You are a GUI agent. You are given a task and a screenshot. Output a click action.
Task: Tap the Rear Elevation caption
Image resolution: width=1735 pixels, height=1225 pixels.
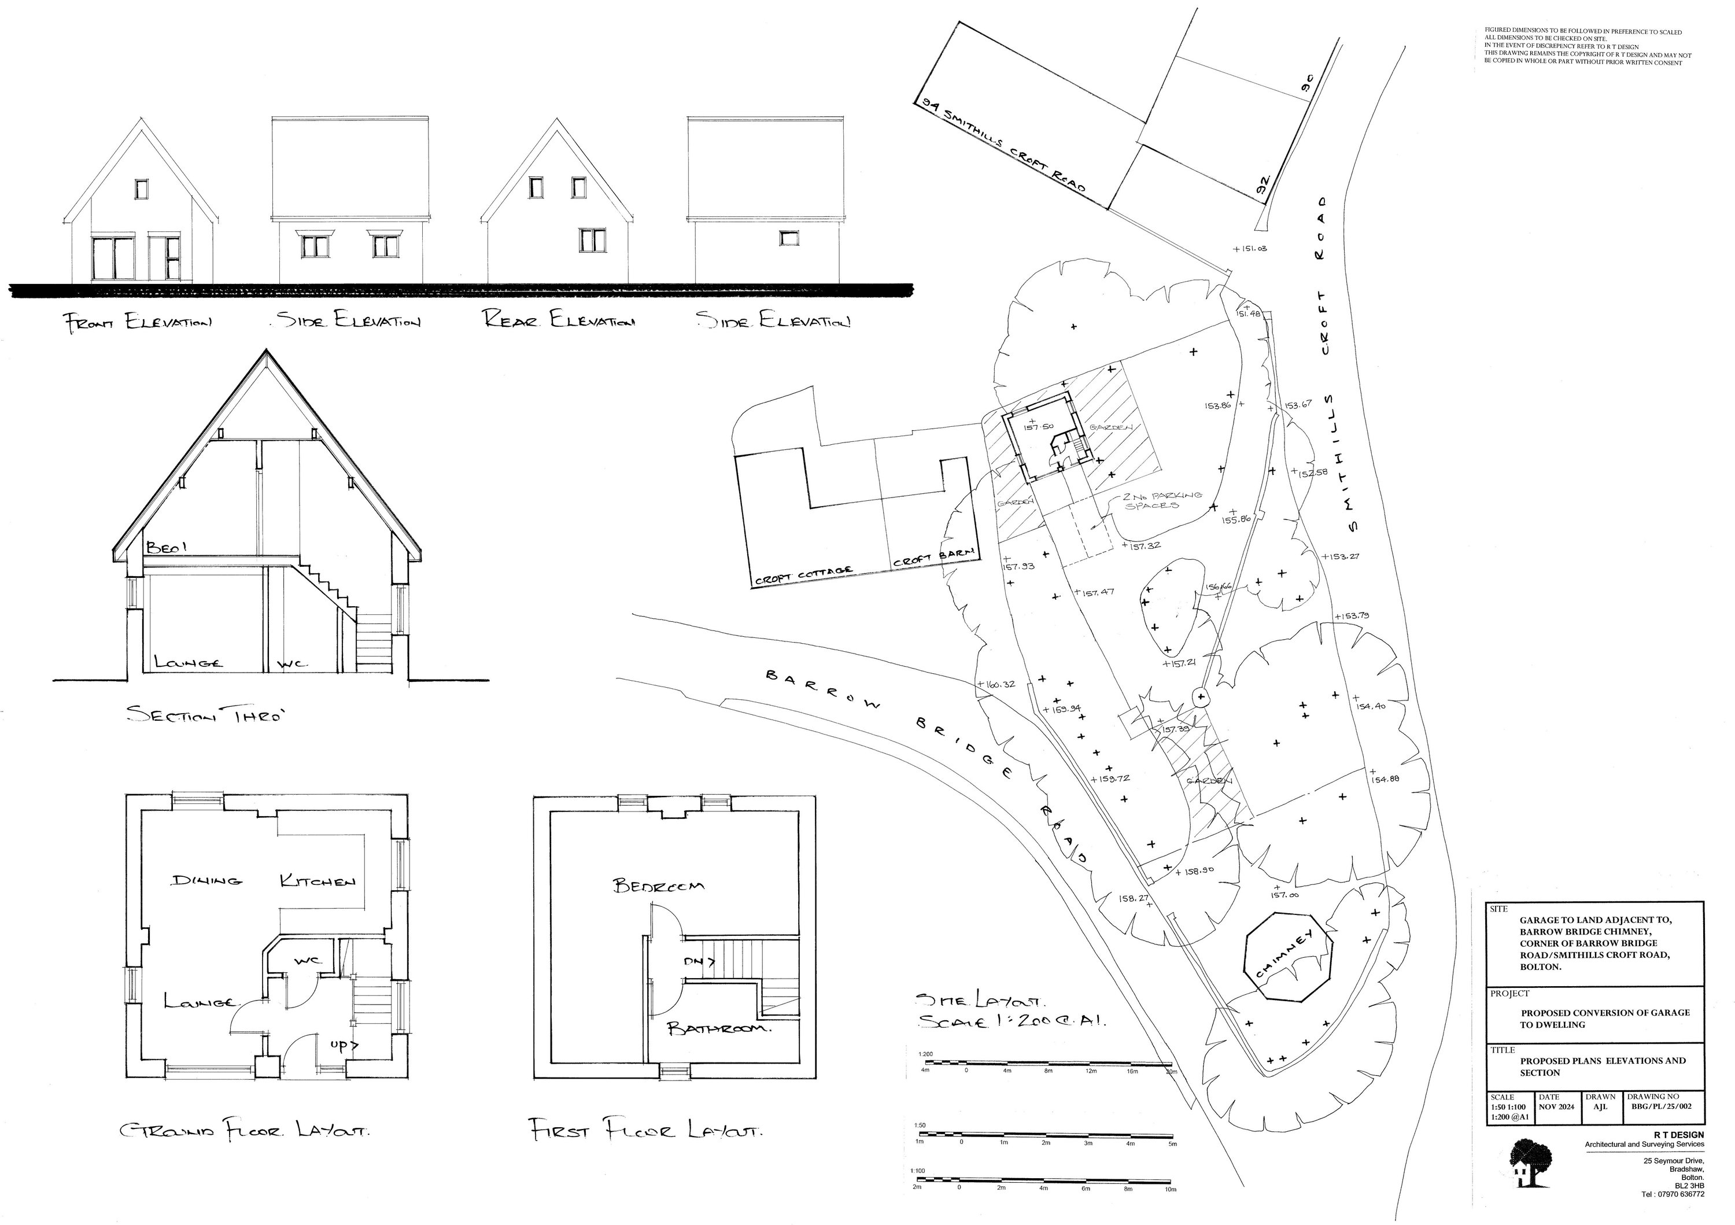click(x=559, y=320)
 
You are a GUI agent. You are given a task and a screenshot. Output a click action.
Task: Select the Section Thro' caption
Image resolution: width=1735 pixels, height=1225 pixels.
click(x=208, y=714)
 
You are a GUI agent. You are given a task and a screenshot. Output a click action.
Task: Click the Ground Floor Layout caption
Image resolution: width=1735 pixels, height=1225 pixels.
click(x=245, y=1131)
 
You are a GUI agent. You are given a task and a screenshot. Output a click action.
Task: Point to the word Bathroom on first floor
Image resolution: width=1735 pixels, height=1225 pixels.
click(x=719, y=1030)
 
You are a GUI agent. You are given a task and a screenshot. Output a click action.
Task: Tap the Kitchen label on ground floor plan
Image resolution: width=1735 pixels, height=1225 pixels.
click(x=318, y=881)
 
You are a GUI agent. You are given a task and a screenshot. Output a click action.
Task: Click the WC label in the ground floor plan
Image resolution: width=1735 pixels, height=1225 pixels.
click(x=308, y=961)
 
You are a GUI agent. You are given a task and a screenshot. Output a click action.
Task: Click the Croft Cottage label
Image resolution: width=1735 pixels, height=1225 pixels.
click(x=803, y=576)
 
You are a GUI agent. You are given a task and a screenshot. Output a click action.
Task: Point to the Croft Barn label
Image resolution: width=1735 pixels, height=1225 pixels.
click(x=934, y=558)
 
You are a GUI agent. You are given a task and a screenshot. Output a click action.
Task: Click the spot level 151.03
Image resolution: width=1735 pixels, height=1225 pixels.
click(x=1252, y=249)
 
